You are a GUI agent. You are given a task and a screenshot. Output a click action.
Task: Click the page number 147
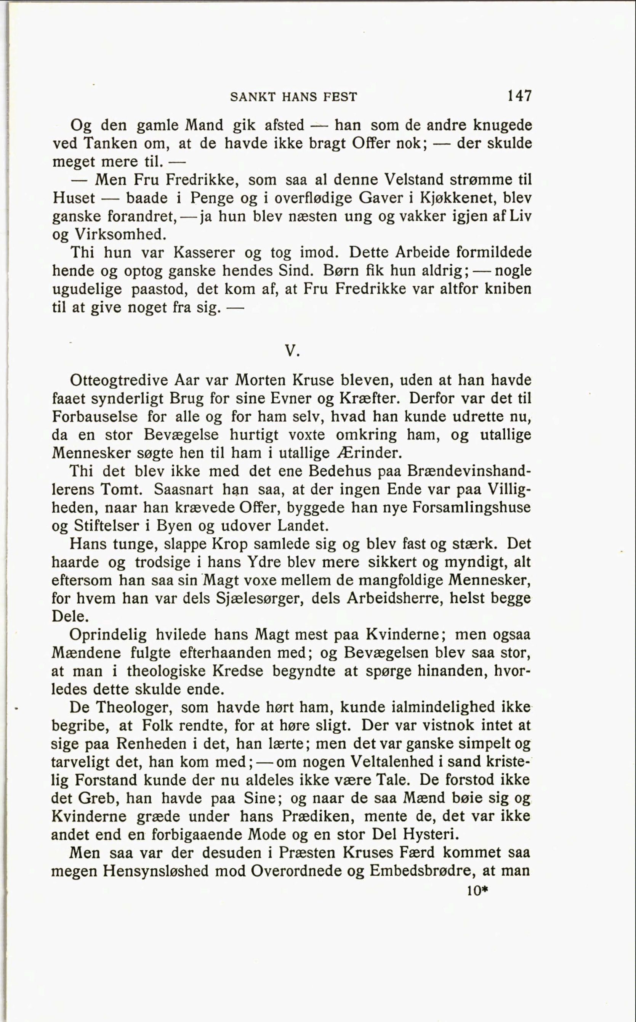click(x=519, y=96)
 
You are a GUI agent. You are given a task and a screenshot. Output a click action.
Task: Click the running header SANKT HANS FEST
click(x=293, y=97)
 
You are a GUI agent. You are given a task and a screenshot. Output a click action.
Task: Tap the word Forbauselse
click(x=95, y=417)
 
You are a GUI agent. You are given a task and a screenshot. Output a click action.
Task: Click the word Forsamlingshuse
click(x=471, y=507)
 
